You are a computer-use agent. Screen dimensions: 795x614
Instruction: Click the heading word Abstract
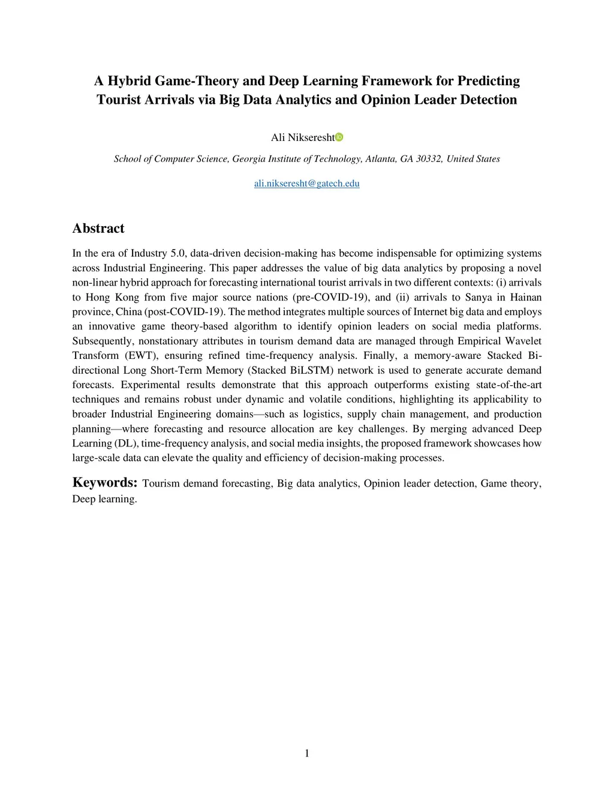pyautogui.click(x=98, y=229)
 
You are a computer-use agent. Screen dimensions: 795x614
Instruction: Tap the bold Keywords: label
pyautogui.click(x=105, y=482)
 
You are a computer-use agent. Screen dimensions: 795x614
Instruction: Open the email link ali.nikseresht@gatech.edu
pyautogui.click(x=306, y=184)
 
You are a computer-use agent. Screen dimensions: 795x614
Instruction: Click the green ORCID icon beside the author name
pyautogui.click(x=339, y=137)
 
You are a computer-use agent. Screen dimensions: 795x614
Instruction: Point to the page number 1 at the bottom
pyautogui.click(x=307, y=754)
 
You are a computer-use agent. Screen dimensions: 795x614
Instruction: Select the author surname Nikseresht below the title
pyautogui.click(x=311, y=138)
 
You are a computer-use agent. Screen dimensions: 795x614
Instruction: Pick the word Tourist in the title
pyautogui.click(x=119, y=100)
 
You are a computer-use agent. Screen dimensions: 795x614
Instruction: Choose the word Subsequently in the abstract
pyautogui.click(x=101, y=341)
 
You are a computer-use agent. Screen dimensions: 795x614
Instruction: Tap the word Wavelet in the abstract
pyautogui.click(x=523, y=341)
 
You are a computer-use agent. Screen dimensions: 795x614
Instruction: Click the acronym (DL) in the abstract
pyautogui.click(x=127, y=443)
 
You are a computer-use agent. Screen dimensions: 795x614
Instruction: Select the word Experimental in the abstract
pyautogui.click(x=150, y=385)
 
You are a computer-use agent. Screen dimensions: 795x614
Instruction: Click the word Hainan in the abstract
pyautogui.click(x=526, y=297)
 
